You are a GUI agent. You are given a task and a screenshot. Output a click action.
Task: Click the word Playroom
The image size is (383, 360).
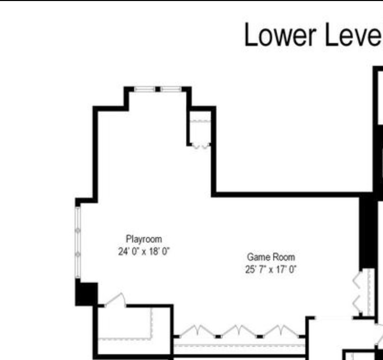[144, 239]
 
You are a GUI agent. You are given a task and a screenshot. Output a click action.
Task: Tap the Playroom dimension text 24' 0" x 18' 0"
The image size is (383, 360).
[144, 252]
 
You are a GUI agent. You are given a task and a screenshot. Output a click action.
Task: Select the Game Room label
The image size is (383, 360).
[271, 257]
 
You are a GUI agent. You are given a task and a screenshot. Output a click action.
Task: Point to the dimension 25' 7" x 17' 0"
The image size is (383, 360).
[270, 269]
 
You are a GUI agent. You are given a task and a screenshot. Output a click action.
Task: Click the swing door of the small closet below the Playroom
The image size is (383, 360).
[116, 299]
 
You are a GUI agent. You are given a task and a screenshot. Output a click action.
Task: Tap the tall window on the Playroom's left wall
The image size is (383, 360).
[78, 242]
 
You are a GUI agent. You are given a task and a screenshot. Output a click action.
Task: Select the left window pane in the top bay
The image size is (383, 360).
[144, 89]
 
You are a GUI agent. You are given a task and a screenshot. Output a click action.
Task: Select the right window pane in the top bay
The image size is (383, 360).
[171, 89]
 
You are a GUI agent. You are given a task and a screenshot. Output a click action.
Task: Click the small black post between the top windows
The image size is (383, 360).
[158, 89]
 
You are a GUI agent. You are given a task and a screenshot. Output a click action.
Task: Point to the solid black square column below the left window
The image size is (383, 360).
[87, 294]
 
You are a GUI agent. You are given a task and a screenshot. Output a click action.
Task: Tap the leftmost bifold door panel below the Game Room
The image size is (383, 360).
[198, 331]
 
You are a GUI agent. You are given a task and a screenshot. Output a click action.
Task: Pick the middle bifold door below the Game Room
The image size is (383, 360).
[239, 331]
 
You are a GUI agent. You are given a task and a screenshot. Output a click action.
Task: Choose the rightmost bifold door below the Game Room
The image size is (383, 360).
[281, 331]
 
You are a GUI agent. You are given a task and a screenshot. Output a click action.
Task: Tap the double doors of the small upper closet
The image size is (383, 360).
[201, 146]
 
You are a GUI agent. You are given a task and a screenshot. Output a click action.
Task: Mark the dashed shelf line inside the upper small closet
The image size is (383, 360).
[200, 121]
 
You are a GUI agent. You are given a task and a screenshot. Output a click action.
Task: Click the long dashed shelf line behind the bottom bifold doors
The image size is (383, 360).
[239, 346]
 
